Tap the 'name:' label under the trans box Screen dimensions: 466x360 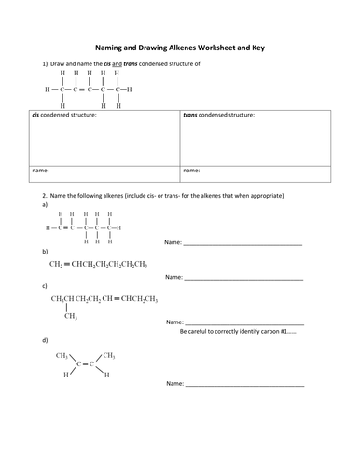[x=192, y=171]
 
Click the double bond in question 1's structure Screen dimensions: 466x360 [x=81, y=89]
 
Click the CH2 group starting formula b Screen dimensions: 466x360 [x=58, y=265]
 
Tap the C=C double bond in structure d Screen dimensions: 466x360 [x=83, y=365]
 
